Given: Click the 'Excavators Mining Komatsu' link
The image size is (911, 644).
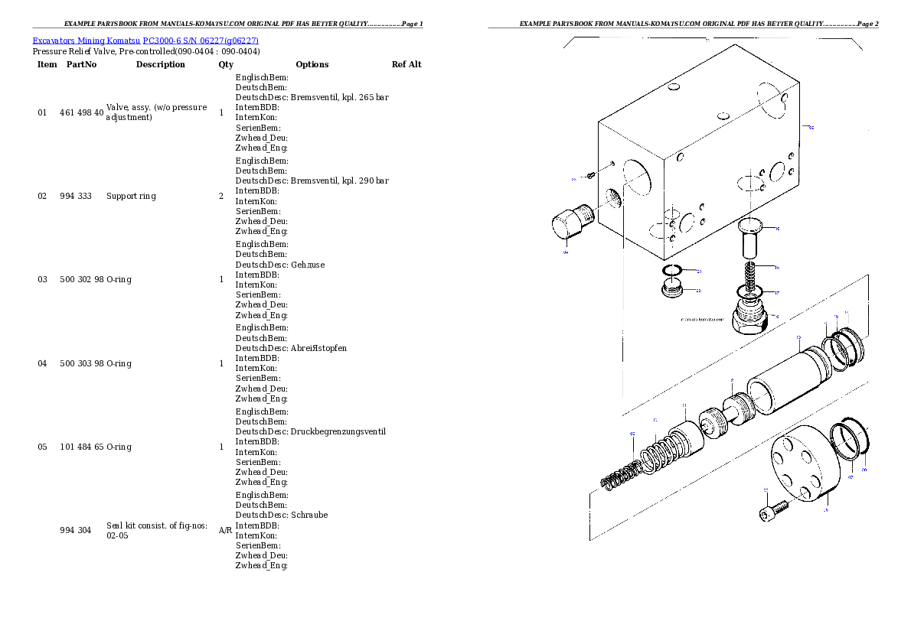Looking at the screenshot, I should coord(87,41).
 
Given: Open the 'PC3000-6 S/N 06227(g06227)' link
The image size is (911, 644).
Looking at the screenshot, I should coord(201,41).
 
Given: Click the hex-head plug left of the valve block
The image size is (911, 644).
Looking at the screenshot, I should coord(570,223).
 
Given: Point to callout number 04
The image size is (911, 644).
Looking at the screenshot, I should coord(566,251).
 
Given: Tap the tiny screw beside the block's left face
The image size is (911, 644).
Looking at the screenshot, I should coord(591,176).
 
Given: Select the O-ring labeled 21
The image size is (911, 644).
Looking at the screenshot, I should coord(673,272).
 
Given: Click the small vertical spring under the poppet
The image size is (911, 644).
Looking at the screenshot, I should coord(753,274).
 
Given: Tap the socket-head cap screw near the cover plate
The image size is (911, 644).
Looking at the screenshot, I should coord(773,509).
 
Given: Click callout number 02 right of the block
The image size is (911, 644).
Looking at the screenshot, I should coord(811,128).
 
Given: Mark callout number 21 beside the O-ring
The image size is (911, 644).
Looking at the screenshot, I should coord(699,271).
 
